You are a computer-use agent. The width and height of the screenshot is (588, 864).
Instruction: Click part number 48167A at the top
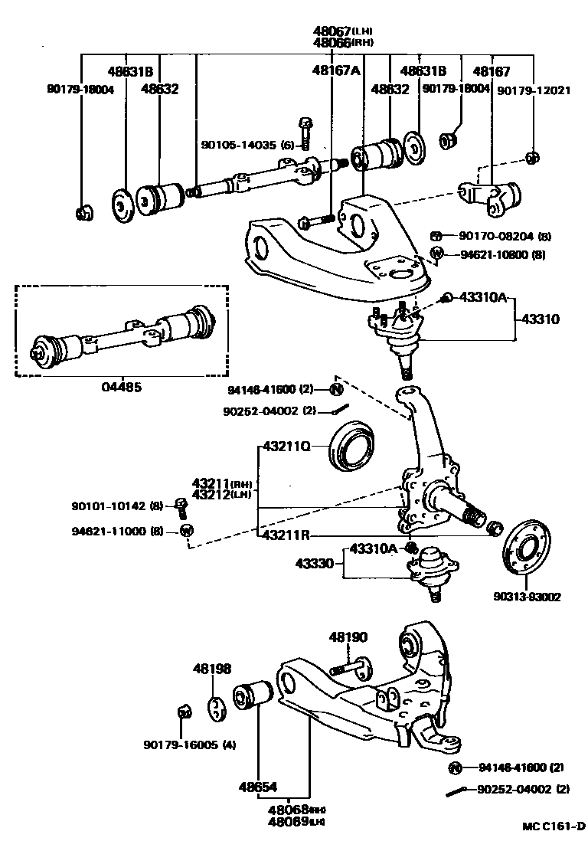335,71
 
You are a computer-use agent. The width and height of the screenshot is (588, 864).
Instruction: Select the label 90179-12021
534,90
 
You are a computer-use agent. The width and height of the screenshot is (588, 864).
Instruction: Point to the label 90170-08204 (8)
505,237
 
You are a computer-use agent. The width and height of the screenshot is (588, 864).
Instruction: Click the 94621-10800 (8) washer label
505,254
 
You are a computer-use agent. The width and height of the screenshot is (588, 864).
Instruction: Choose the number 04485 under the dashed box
121,388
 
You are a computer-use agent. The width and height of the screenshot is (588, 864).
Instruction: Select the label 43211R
286,536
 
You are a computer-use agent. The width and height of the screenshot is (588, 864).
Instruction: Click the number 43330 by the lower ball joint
315,565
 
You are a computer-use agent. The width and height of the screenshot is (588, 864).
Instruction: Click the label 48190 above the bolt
349,637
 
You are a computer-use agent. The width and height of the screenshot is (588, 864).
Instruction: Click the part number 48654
256,787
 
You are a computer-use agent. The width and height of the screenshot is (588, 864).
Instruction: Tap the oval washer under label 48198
217,708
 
